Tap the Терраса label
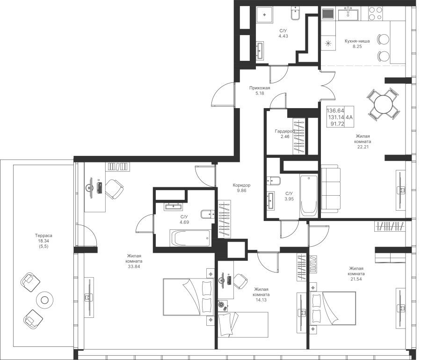(x=44, y=235)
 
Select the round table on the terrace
(x=44, y=300)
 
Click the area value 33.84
(x=134, y=267)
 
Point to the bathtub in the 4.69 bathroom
(x=190, y=238)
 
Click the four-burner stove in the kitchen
(x=376, y=13)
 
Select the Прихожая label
(x=260, y=88)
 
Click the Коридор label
(x=242, y=185)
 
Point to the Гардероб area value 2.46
(x=284, y=137)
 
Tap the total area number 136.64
(x=335, y=110)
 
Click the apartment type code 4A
(x=349, y=117)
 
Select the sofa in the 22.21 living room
(x=331, y=190)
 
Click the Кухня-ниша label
(x=357, y=41)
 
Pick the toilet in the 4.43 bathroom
(x=295, y=14)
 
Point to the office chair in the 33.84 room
(x=115, y=189)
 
